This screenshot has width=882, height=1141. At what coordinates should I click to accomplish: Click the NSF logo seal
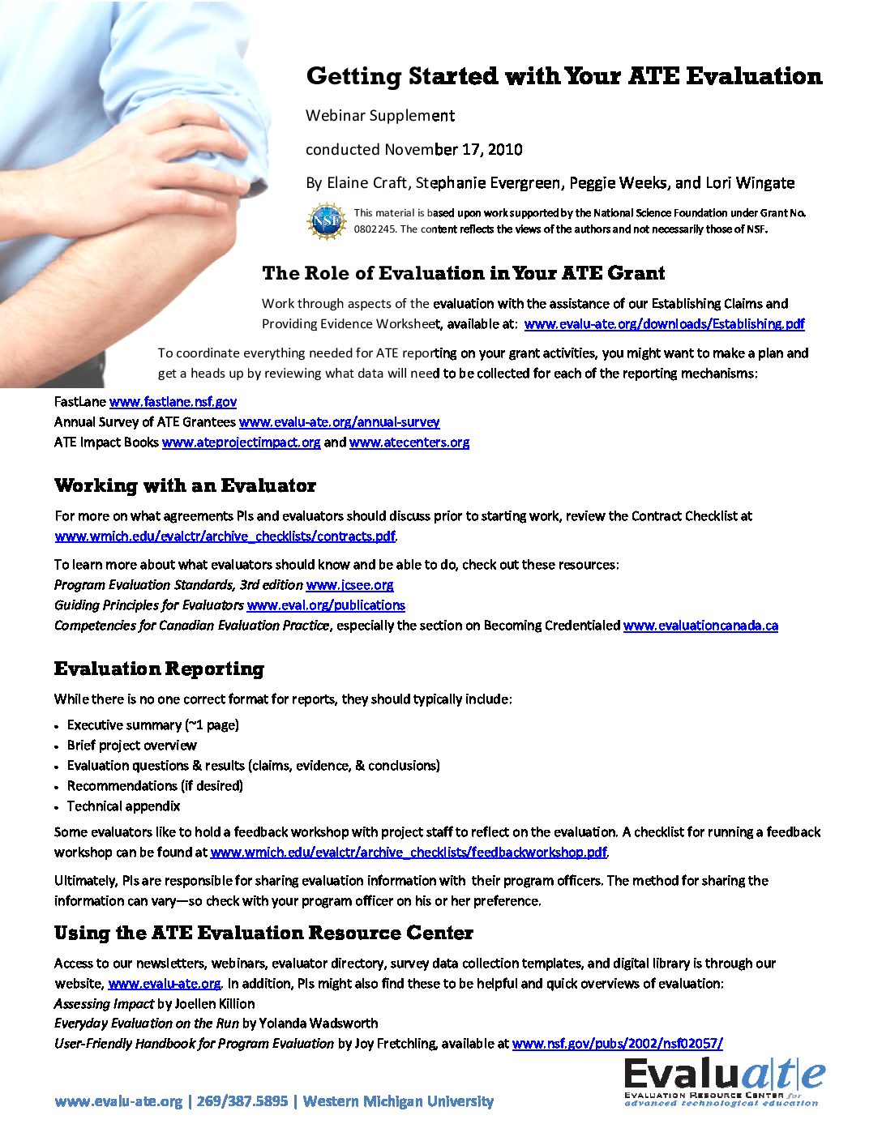(x=327, y=220)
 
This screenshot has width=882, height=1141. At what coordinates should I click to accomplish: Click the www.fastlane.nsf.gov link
(x=173, y=402)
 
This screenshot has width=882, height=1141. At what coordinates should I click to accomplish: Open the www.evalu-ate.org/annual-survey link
(x=339, y=422)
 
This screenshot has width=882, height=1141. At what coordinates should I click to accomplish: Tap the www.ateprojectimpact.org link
(x=241, y=442)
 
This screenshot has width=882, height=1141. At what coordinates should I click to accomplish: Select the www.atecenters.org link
(x=409, y=442)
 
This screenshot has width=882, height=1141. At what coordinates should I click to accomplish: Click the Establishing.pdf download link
(x=664, y=324)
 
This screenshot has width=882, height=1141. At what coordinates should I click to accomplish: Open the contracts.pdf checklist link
(x=225, y=536)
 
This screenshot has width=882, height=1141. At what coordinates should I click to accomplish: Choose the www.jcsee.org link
(x=349, y=585)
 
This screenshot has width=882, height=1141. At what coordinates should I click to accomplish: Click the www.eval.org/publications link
(x=326, y=605)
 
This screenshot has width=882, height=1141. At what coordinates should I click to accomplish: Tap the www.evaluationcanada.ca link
(x=700, y=626)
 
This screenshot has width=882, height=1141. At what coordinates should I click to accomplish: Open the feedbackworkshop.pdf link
(x=408, y=853)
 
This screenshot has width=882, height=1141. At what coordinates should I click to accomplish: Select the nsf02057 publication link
(x=617, y=1044)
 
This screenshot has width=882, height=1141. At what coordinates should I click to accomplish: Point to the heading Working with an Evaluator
(x=185, y=486)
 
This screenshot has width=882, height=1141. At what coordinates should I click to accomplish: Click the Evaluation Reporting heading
(x=159, y=669)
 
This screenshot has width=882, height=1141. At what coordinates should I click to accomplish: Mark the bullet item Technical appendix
(x=123, y=806)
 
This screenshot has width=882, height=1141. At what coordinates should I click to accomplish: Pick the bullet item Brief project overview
(x=131, y=746)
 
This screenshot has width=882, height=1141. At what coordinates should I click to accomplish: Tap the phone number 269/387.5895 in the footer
(x=242, y=1101)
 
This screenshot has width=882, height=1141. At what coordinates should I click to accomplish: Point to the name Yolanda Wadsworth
(x=318, y=1023)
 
